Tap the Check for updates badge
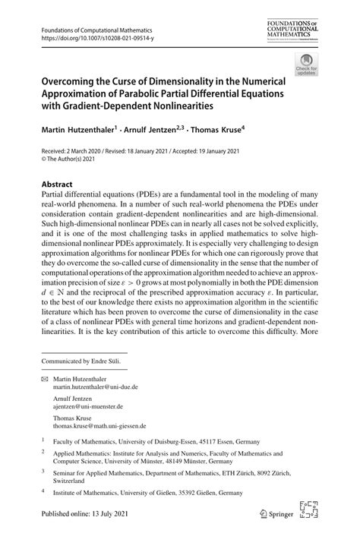click(306, 66)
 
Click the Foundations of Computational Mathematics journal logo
click(293, 30)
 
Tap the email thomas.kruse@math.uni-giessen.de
click(99, 427)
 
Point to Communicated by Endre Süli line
click(84, 361)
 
